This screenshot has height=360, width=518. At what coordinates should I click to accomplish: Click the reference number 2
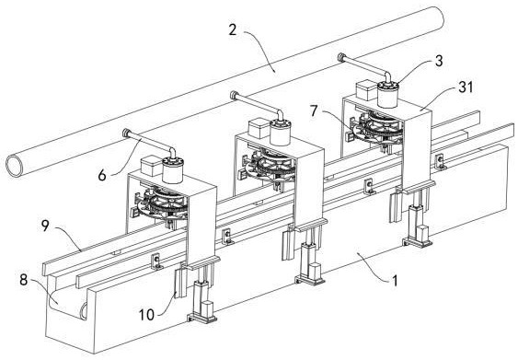[233, 30]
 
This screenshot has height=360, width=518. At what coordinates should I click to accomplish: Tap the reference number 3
[439, 61]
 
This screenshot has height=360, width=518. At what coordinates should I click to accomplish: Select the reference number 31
[466, 87]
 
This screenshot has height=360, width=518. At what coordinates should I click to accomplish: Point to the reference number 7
[314, 111]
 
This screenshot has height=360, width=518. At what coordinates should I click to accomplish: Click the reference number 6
[102, 175]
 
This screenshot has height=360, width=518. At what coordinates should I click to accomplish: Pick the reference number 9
[45, 226]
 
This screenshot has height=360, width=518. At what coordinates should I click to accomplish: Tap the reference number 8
[23, 280]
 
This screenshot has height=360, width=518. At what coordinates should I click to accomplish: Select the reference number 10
[146, 314]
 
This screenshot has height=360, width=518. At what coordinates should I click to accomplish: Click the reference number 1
[395, 281]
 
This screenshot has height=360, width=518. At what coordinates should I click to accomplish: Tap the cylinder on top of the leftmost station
[172, 170]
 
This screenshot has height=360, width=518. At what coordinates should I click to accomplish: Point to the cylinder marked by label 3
[388, 95]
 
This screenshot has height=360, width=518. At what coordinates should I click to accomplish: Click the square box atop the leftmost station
[151, 167]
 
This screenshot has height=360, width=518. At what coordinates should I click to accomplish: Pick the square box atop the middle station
[259, 129]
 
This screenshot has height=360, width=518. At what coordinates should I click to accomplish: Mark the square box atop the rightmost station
[367, 91]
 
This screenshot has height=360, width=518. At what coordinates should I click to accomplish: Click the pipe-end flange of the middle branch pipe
[234, 96]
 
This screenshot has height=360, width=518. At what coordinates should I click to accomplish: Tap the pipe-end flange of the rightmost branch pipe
[341, 57]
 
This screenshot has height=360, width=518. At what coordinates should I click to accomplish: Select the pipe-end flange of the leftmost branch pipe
[126, 134]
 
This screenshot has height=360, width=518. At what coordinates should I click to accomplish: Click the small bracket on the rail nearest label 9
[156, 261]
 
